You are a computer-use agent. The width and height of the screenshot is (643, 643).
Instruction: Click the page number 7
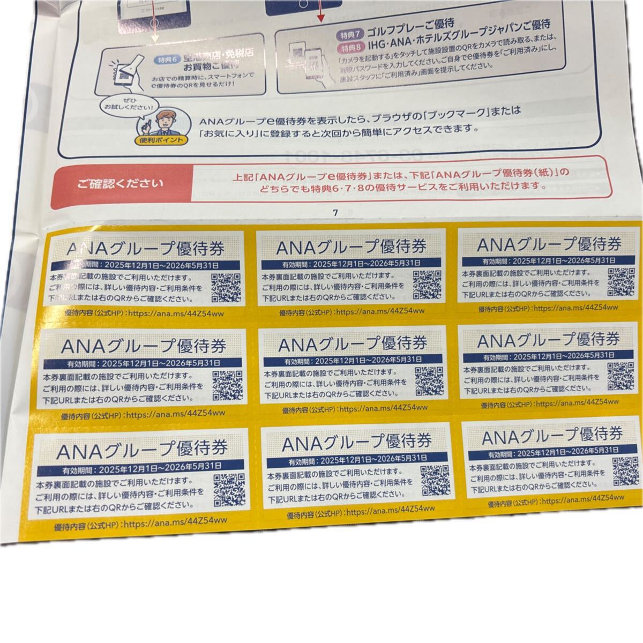tap(335, 213)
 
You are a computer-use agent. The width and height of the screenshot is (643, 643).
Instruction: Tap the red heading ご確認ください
tap(120, 185)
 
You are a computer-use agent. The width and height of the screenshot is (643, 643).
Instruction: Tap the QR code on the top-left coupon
tap(226, 288)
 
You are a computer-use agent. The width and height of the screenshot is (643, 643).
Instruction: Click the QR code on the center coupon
tap(429, 380)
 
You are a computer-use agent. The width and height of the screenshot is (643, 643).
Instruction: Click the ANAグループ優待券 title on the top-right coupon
tap(548, 245)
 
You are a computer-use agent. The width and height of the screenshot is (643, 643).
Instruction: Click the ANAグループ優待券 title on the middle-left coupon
tap(143, 346)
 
